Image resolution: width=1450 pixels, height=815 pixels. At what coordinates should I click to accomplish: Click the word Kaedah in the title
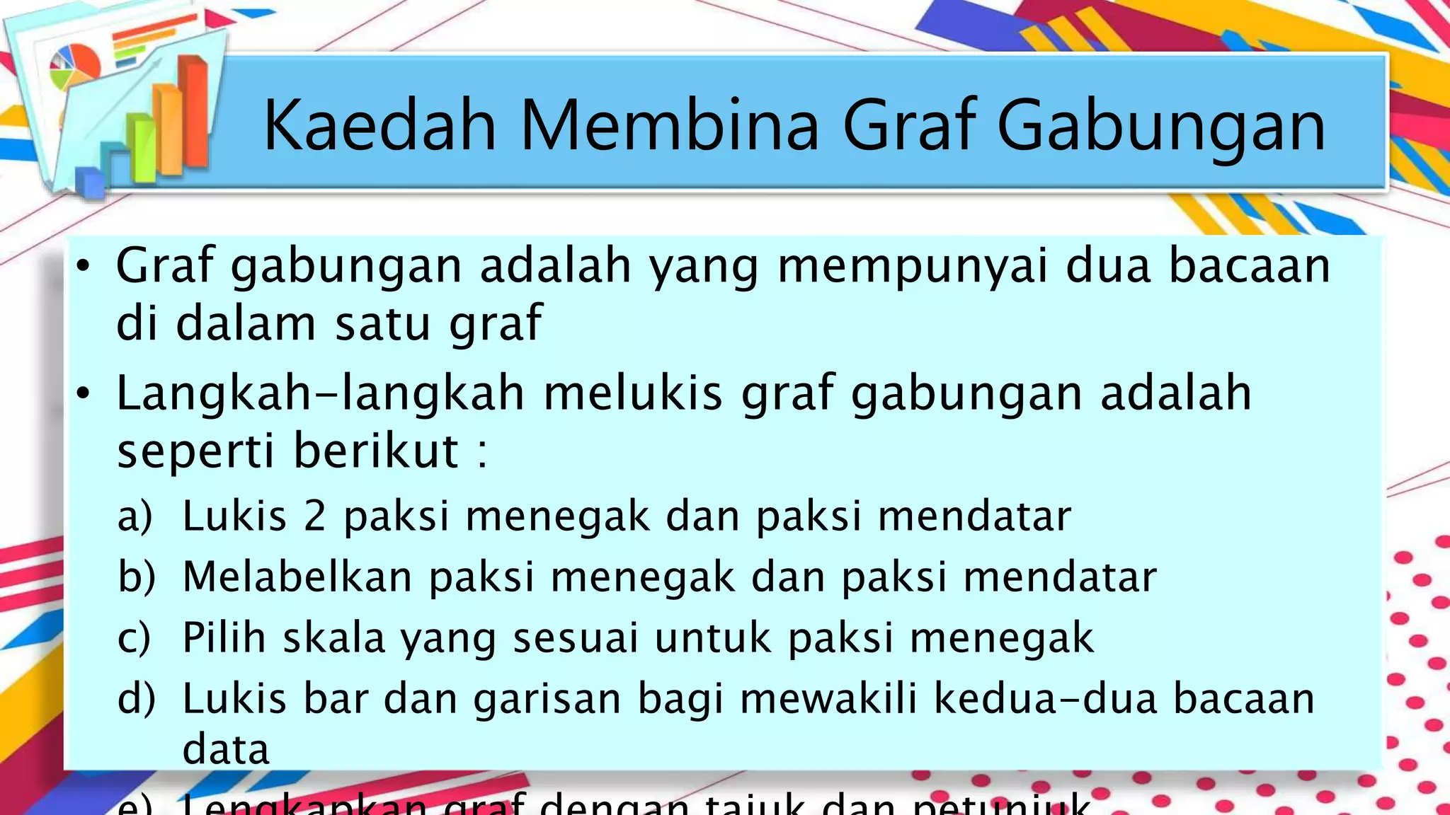pos(379,126)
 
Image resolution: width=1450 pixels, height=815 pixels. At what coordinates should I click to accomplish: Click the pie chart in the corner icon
pos(75,67)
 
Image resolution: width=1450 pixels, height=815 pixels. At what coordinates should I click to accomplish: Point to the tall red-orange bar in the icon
pos(193,113)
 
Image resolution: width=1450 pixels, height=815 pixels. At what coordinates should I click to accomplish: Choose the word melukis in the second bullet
pos(632,393)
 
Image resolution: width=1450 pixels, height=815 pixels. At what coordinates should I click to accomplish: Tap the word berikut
pos(376,451)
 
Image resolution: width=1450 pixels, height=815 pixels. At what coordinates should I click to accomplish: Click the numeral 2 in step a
pos(314,516)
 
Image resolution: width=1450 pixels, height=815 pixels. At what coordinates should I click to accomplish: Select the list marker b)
pos(136,577)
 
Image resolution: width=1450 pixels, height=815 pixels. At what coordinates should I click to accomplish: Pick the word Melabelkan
pos(297,577)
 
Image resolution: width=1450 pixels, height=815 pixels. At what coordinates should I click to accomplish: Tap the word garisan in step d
pos(547,699)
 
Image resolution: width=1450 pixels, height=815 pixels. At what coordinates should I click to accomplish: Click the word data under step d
pos(226,750)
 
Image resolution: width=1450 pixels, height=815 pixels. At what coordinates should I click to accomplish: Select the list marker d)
pos(136,699)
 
